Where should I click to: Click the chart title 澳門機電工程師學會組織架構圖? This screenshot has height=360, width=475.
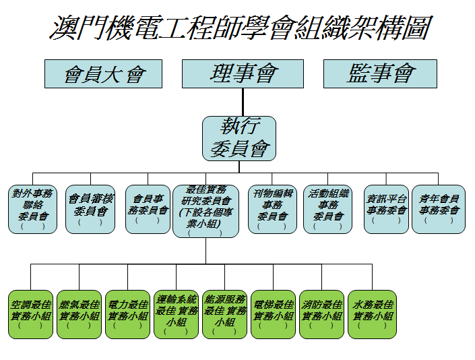240,28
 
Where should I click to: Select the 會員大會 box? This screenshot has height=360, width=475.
104,73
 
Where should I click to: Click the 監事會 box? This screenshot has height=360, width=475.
381,73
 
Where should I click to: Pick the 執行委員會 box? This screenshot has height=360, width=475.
239,138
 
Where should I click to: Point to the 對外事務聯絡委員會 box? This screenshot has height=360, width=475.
33,209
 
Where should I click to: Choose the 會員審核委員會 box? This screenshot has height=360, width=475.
91,209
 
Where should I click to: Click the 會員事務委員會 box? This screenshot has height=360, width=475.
148,209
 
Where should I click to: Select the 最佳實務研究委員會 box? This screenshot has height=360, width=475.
205,210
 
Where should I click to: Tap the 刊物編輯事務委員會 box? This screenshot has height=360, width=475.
273,209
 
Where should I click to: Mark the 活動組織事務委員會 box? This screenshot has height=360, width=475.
327,209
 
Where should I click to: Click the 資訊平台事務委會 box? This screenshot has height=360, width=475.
386,209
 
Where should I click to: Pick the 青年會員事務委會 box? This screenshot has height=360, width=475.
439,209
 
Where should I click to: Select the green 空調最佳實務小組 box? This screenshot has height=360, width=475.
30,314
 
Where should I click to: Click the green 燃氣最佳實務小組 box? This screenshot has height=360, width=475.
79,314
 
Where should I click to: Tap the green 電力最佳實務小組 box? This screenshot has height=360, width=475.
127,314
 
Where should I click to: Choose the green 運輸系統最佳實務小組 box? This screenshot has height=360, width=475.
177,314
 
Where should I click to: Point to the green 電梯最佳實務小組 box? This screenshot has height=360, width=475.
274,314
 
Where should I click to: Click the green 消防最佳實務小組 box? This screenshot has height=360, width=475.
322,314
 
